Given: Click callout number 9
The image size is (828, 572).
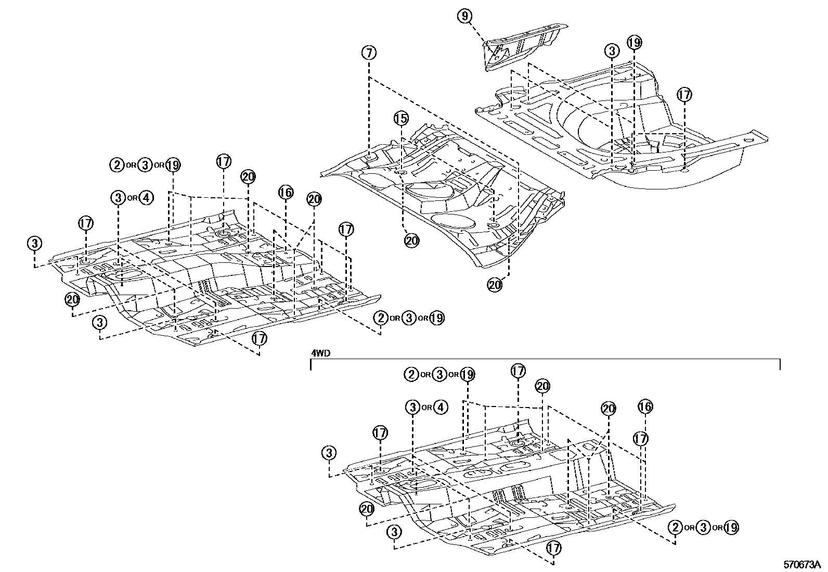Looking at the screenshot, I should coord(464,16).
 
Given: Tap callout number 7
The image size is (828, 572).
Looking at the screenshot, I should coord(368,53).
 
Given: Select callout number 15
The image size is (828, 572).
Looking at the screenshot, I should coord(401,119).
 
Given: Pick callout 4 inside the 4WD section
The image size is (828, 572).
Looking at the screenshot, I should coord(440,407).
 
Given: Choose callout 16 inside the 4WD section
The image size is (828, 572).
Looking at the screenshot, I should coord(645,406).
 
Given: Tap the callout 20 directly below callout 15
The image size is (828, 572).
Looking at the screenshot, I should coord(411,240).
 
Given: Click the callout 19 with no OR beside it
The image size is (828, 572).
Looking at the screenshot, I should coord(634,43).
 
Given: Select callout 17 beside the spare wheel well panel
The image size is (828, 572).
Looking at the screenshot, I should coord(684,95).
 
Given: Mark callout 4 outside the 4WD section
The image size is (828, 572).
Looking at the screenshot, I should coord(147,198).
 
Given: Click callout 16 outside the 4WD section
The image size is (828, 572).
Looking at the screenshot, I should coord(286,193).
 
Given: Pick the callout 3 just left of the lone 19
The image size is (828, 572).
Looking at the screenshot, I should coord(612,51).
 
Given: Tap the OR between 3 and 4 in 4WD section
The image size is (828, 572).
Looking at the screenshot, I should coord(426,408).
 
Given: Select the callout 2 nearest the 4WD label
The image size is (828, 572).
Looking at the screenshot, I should coord(411,374).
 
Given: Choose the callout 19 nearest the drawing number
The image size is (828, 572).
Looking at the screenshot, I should coord(731,527).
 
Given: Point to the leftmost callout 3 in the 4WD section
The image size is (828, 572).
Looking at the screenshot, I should coord(329,453).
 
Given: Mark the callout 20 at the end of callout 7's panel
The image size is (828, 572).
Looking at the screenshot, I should coord(495,285).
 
